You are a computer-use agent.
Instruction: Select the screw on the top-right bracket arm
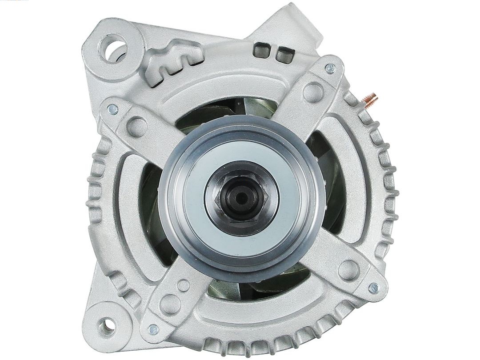[330, 68]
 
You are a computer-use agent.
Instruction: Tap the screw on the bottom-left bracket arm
[153, 329]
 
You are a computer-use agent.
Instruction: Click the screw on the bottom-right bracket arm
[373, 288]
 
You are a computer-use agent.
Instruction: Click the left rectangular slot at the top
[261, 50]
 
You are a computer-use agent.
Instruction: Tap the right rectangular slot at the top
[281, 52]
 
